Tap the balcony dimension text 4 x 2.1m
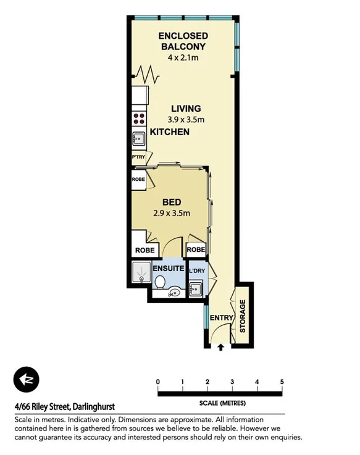point(182,57)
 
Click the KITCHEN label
point(169,132)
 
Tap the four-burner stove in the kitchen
point(139,119)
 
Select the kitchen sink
point(138,138)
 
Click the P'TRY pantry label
point(138,159)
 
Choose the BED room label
point(171,202)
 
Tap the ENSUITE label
point(169,269)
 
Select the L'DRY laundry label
point(196,271)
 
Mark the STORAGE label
point(243,316)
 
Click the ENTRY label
point(221,319)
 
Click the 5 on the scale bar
point(282,382)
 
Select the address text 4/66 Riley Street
point(64,407)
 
